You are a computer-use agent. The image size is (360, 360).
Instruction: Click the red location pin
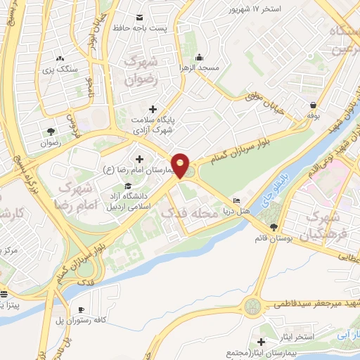point(181,165)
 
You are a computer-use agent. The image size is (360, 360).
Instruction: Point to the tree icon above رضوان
point(51,131)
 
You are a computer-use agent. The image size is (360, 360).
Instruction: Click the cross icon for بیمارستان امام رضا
point(139,159)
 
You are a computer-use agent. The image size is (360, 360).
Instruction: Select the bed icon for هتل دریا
point(236,200)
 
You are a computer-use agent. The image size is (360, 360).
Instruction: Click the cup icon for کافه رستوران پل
point(82,309)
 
